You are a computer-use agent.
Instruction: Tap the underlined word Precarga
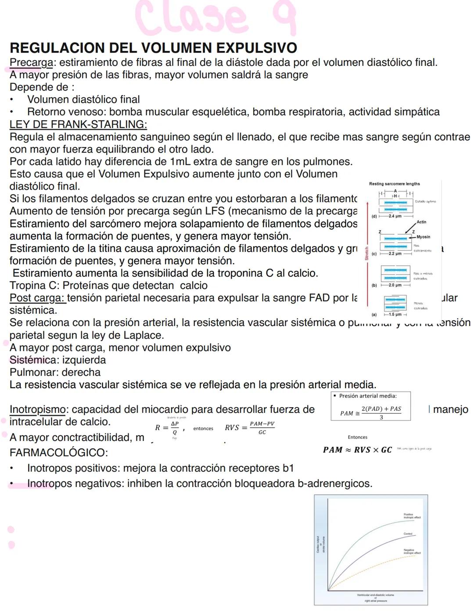tap(31, 63)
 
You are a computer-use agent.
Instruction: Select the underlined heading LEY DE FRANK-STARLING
tap(78, 124)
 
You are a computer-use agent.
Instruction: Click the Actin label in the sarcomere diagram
tap(421, 222)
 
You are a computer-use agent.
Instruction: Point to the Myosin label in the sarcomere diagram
tap(423, 237)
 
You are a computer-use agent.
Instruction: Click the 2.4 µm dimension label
tap(395, 216)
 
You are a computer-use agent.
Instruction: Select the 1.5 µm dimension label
tap(395, 315)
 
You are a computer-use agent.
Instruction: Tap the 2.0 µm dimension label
tap(395, 285)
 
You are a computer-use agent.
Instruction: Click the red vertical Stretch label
tap(367, 254)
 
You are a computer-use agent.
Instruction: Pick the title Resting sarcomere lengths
tap(394, 184)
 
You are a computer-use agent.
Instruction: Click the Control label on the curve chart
tap(408, 534)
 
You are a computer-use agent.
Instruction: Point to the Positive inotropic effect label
tap(412, 515)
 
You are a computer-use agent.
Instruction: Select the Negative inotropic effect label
tap(412, 551)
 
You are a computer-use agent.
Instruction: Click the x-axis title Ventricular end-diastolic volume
tap(375, 595)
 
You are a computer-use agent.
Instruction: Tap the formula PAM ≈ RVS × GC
tap(357, 450)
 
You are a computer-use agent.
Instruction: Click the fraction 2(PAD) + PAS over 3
tap(381, 412)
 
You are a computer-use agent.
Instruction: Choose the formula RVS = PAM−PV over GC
tap(250, 428)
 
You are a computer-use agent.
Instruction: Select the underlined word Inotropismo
tap(37, 410)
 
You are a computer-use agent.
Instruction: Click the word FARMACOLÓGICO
tap(59, 452)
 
